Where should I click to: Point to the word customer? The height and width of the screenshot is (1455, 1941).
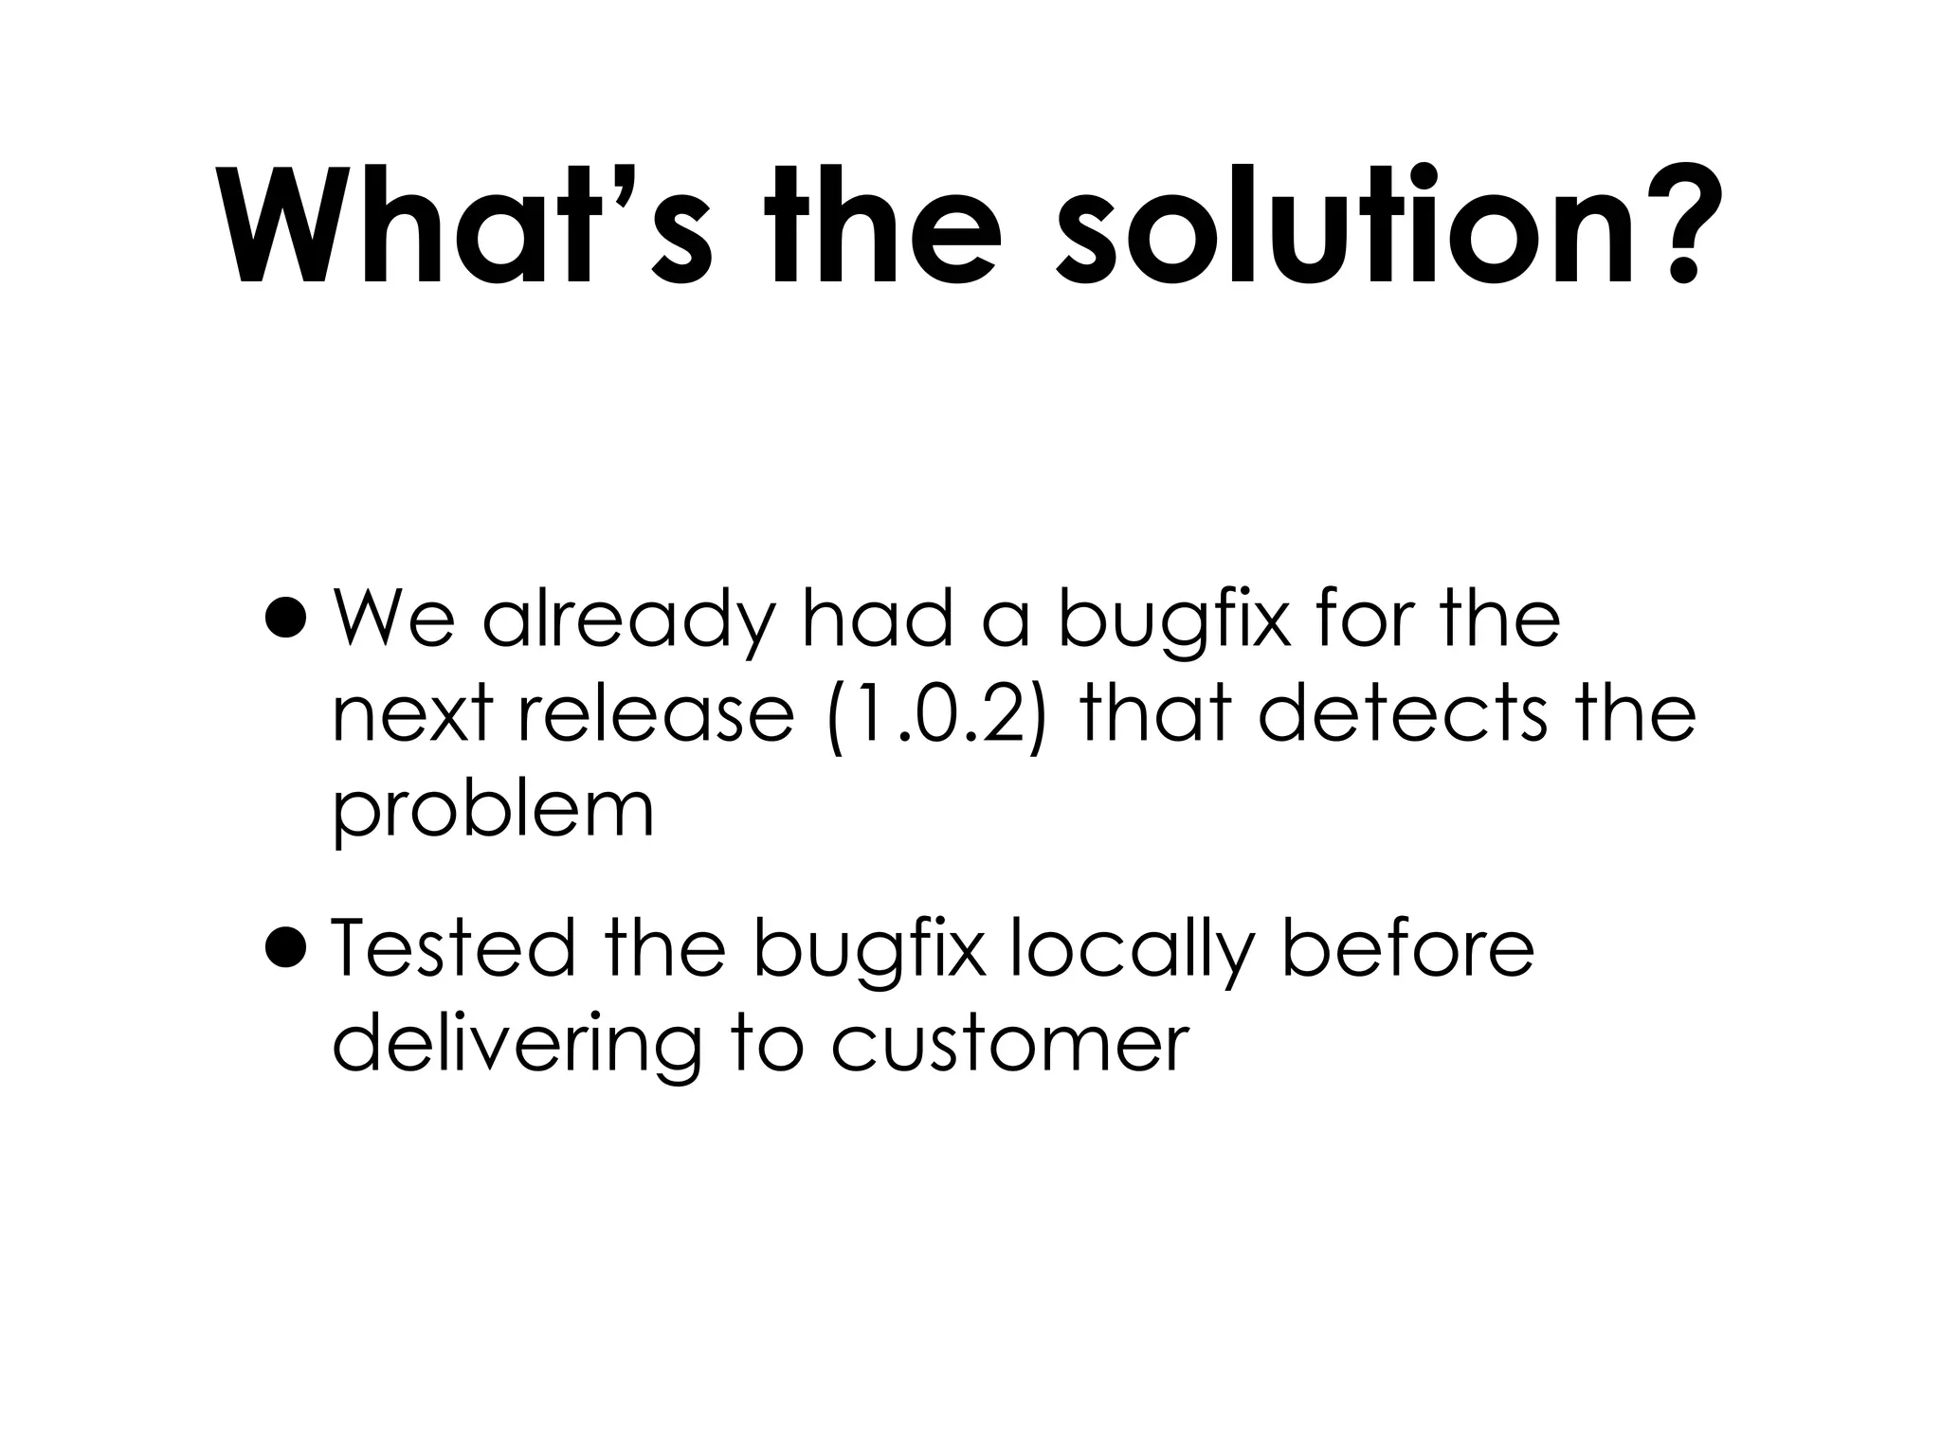coord(1009,1046)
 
